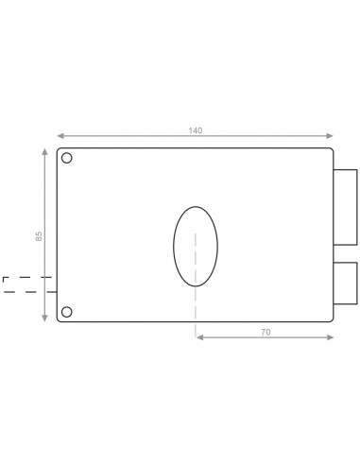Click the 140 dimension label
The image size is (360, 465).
point(196,130)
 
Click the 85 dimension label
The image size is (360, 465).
point(39,236)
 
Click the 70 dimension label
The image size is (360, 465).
point(266,332)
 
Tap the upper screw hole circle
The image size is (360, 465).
point(66,158)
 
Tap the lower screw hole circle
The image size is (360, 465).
point(66,312)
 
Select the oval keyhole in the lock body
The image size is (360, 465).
point(174,247)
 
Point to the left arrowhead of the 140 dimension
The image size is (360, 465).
point(60,136)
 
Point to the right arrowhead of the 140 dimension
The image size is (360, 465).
point(330,136)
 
